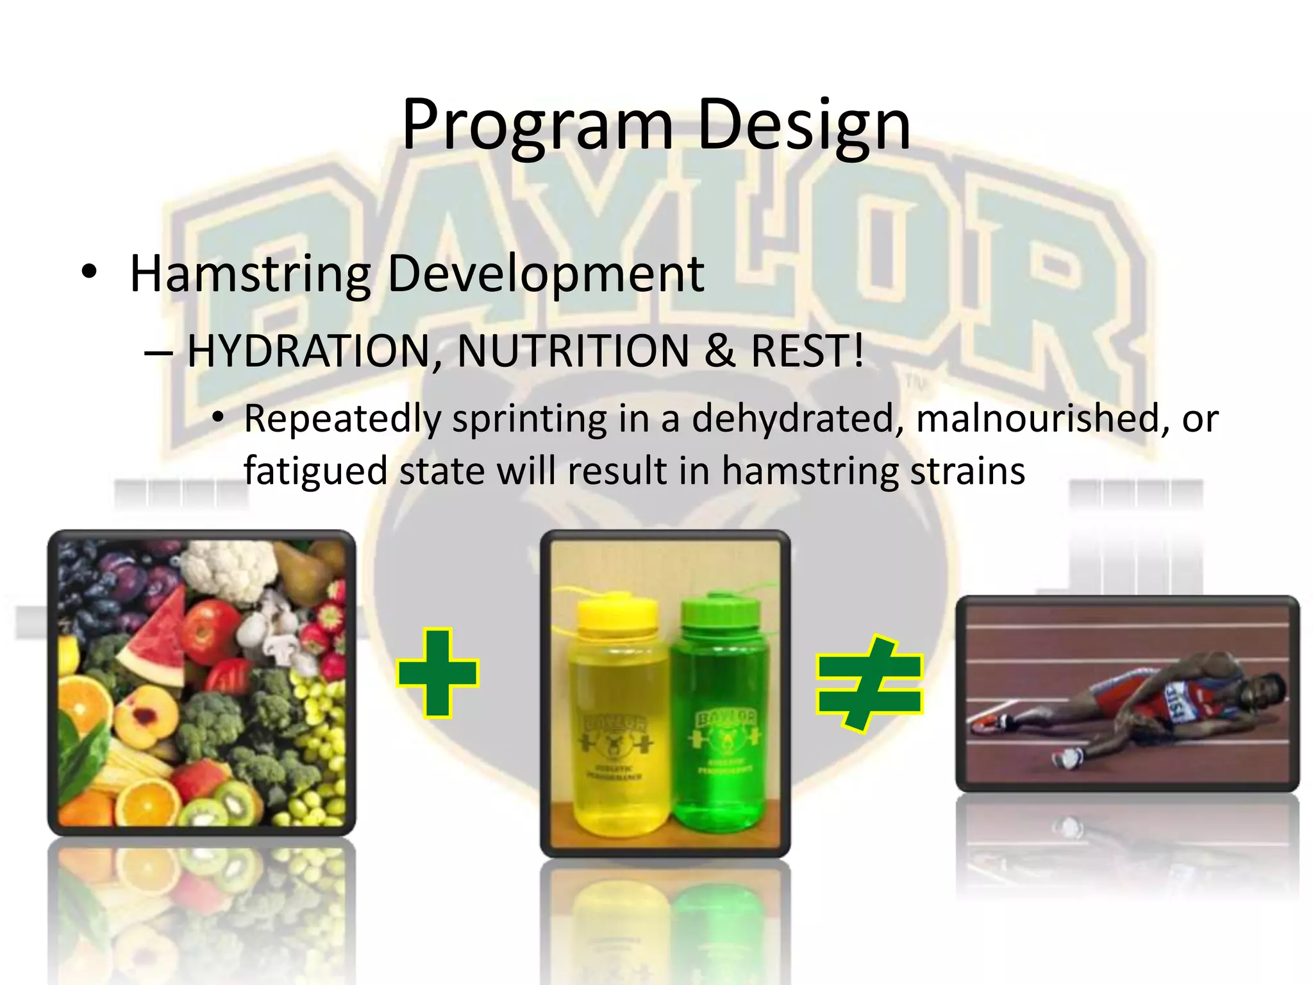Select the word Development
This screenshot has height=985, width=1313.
coord(546,274)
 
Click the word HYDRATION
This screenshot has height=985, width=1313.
coord(308,351)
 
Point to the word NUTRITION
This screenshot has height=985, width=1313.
coord(573,351)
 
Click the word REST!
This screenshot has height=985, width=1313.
coord(807,351)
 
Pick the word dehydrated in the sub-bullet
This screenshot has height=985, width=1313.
coord(792,419)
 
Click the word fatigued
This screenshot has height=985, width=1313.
coord(315,471)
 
